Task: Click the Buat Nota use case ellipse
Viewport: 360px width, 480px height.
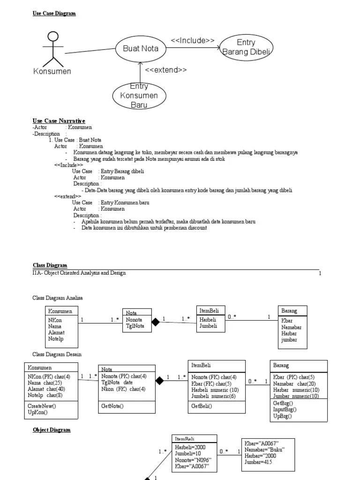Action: click(x=141, y=48)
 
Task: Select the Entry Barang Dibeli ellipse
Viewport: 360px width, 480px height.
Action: click(x=246, y=46)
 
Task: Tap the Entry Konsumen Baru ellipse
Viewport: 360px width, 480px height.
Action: click(x=139, y=95)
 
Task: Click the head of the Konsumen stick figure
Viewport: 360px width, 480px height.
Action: click(x=53, y=37)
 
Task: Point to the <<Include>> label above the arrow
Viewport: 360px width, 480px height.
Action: click(x=193, y=40)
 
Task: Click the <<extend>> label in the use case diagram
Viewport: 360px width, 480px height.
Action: click(x=165, y=70)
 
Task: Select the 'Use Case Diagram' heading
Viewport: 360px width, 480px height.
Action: click(x=54, y=14)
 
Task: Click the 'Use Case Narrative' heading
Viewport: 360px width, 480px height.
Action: click(x=59, y=121)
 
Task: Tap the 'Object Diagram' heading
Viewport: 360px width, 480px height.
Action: click(x=52, y=430)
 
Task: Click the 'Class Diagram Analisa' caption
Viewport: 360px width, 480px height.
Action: click(x=59, y=298)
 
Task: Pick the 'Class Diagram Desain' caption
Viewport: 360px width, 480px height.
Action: click(x=57, y=354)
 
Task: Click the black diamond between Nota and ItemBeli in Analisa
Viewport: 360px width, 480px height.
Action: click(x=155, y=322)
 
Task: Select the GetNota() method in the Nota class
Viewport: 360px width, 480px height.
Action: click(x=112, y=406)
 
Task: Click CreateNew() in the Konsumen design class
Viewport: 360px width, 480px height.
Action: click(x=41, y=405)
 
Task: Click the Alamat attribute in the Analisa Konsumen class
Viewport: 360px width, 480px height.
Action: click(x=56, y=332)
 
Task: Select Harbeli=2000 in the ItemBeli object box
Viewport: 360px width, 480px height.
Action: click(x=190, y=447)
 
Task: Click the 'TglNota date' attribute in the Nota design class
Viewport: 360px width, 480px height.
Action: click(x=117, y=382)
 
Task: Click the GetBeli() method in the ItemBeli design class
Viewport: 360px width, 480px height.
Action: click(x=202, y=406)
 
